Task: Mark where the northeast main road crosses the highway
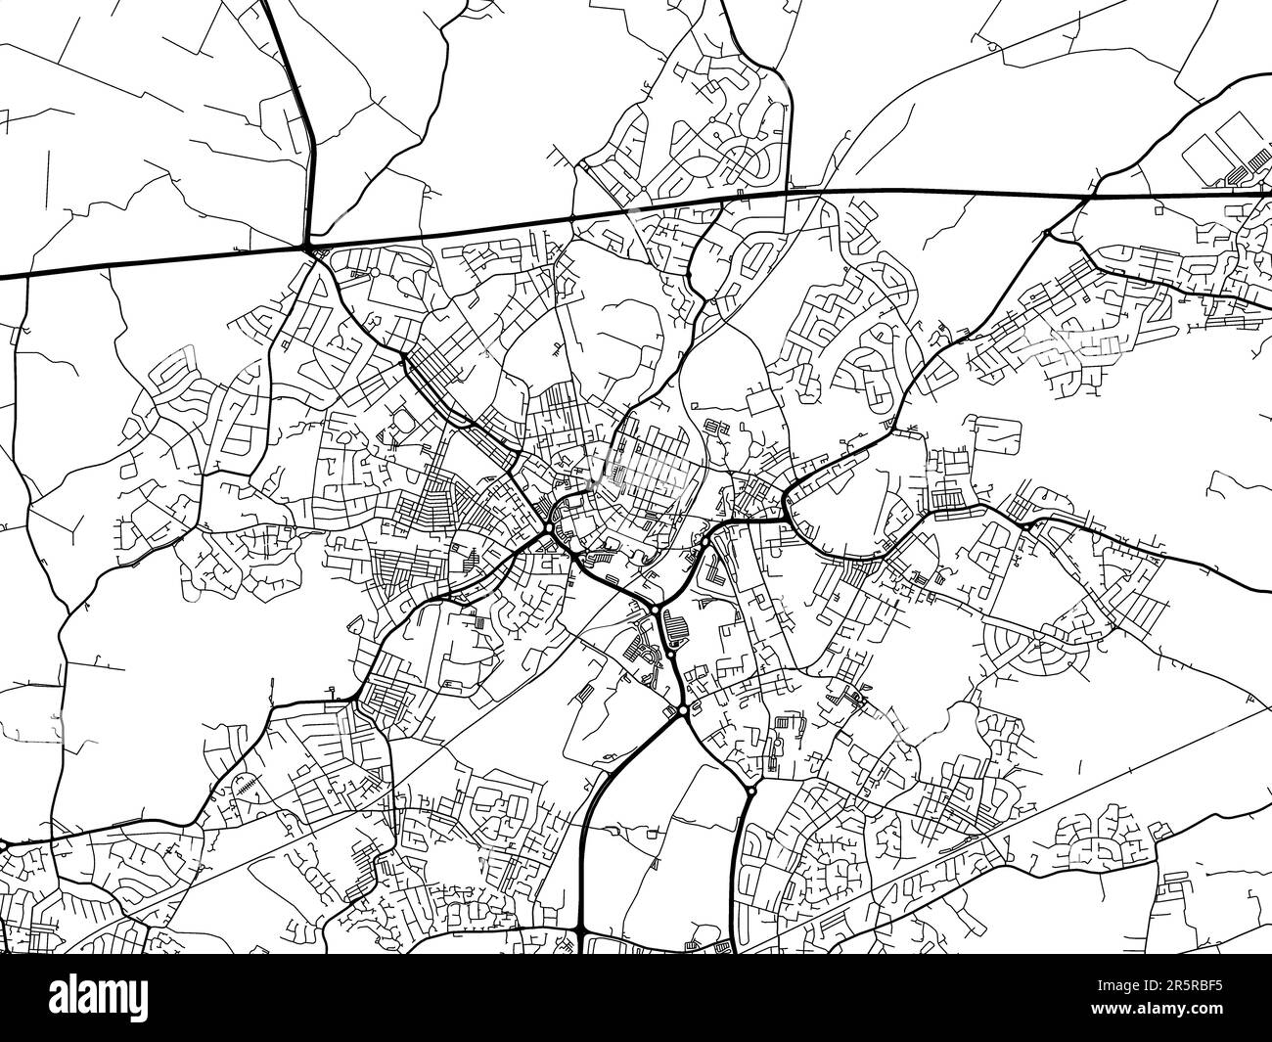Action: (x=1089, y=197)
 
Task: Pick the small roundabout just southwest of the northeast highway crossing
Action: (x=1048, y=233)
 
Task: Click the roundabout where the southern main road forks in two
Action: (x=682, y=709)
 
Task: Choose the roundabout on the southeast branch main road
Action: (x=750, y=790)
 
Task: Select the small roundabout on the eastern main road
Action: (x=1024, y=524)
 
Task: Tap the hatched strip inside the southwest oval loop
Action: (x=248, y=786)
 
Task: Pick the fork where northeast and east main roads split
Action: (x=788, y=510)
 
